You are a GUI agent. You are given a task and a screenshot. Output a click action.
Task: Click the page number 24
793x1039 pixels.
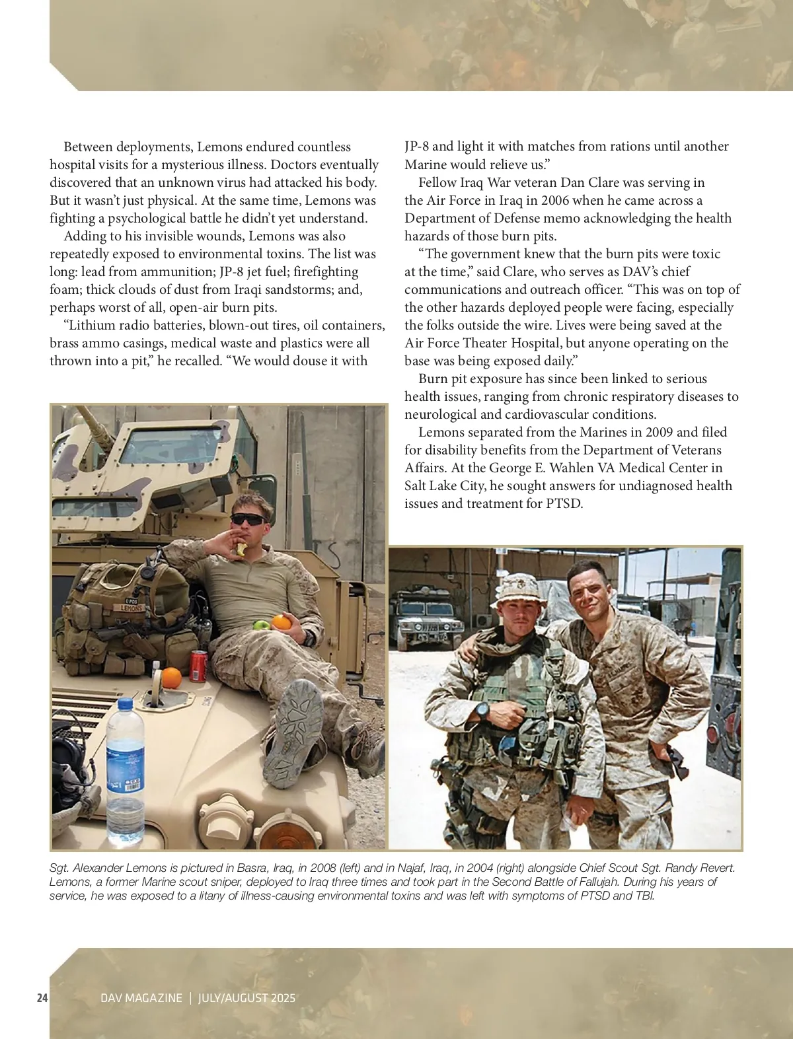coord(42,997)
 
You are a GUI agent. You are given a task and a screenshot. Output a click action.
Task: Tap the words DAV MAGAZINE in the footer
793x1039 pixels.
coord(141,998)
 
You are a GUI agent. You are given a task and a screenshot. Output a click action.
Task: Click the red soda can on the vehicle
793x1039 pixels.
coord(198,665)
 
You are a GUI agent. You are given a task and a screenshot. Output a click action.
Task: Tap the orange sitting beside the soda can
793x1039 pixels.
coord(171,678)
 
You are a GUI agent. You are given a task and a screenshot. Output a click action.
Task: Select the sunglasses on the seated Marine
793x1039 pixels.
coord(248,519)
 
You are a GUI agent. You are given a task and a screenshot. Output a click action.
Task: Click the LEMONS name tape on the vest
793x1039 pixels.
coord(132,608)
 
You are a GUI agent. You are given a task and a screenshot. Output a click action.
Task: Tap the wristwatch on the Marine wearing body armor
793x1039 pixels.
coord(482,711)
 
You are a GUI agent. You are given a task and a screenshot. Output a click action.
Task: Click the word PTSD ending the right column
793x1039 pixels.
coord(564,503)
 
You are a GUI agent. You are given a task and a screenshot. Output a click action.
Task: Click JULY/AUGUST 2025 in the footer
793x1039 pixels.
coord(246,998)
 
